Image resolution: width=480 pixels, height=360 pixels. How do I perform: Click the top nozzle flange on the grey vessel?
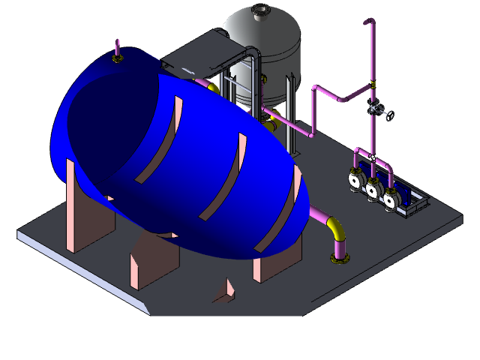point(260,10)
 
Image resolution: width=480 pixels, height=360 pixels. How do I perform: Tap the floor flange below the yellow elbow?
point(339,259)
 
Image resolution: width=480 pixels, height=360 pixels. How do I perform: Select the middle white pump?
point(373,190)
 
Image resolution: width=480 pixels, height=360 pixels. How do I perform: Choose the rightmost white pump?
point(390,200)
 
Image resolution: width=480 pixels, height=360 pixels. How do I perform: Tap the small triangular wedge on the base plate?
point(226,292)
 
